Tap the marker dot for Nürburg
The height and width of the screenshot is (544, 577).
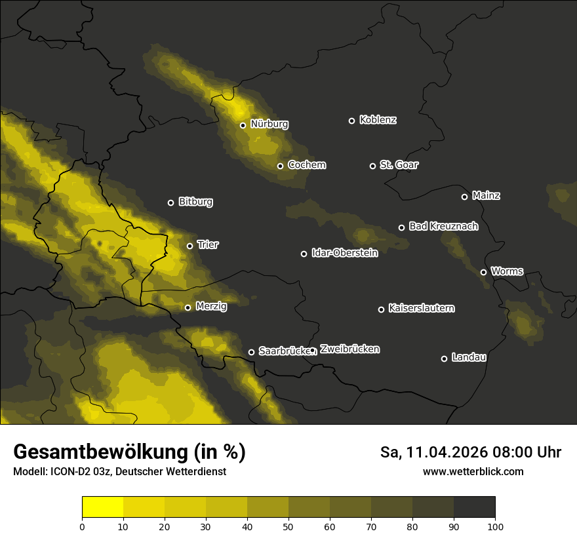point(243,125)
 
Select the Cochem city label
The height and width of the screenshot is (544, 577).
point(307,165)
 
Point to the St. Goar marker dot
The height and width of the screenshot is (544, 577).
point(372,166)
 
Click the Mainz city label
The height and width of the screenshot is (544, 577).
point(486,195)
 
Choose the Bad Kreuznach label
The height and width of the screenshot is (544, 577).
point(443,226)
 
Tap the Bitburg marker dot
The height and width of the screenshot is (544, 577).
point(170,203)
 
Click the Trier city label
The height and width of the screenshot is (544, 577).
point(208,244)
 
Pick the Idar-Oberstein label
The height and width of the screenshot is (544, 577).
point(344,252)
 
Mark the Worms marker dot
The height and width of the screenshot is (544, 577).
point(483,272)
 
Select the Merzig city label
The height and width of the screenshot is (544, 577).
point(211,306)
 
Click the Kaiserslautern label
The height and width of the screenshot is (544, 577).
point(421,308)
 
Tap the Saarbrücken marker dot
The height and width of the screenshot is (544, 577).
point(251,352)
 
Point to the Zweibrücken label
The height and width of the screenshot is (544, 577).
point(349,349)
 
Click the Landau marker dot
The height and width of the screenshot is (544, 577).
point(444,359)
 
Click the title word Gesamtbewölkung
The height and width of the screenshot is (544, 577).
point(99,452)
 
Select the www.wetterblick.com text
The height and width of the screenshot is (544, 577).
point(473,471)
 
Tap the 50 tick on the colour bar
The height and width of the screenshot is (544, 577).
point(288,526)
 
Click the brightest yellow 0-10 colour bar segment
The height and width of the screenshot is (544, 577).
point(103,507)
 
